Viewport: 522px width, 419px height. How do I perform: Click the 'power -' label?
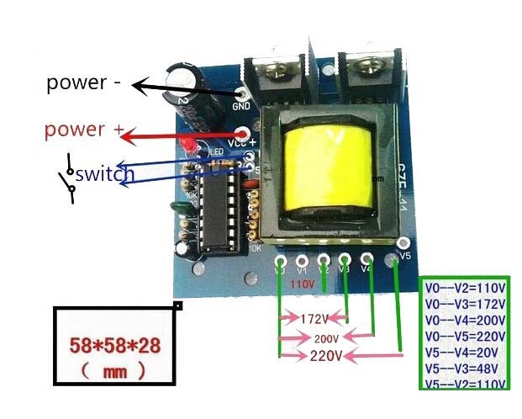point(84,82)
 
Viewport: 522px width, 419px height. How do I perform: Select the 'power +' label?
point(84,130)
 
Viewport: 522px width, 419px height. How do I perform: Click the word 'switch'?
point(105,175)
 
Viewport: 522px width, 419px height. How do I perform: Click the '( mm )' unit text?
point(114,369)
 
